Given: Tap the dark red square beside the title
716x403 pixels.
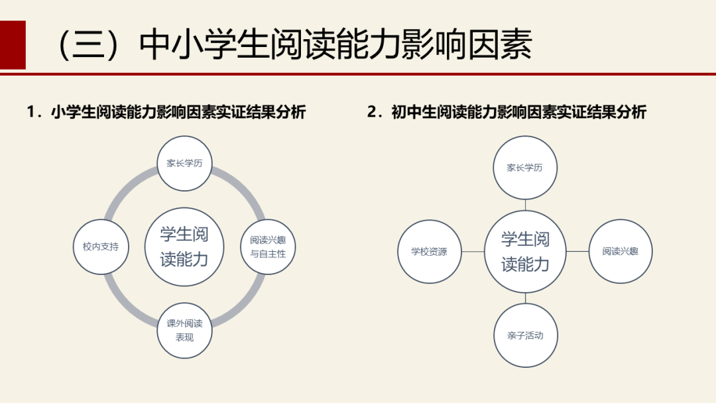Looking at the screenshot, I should pyautogui.click(x=13, y=44).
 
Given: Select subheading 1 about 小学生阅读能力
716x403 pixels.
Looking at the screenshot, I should pyautogui.click(x=166, y=112).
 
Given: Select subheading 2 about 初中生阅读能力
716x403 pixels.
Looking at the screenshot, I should pyautogui.click(x=507, y=112).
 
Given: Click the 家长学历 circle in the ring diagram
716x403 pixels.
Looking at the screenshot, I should pyautogui.click(x=184, y=163).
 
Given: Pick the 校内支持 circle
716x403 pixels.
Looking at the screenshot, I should pyautogui.click(x=101, y=247).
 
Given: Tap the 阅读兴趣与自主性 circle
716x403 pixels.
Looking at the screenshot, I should pyautogui.click(x=268, y=247).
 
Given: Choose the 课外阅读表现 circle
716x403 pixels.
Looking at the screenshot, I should pyautogui.click(x=184, y=330).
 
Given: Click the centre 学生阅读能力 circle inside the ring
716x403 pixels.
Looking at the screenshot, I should pyautogui.click(x=184, y=247).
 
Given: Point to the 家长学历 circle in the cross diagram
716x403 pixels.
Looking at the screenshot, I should pyautogui.click(x=525, y=168).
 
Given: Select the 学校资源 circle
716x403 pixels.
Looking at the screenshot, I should pyautogui.click(x=429, y=252).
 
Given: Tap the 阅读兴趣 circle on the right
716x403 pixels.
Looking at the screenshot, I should pyautogui.click(x=621, y=252).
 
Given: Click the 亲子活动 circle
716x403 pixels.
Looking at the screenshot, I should pyautogui.click(x=526, y=335).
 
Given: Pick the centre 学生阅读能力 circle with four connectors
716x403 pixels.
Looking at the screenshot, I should pyautogui.click(x=525, y=252).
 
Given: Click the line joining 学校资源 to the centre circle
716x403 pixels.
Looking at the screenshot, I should pyautogui.click(x=473, y=252).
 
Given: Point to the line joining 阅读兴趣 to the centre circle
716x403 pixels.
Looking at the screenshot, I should pyautogui.click(x=577, y=252).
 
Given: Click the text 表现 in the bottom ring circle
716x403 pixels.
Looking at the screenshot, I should pyautogui.click(x=184, y=337).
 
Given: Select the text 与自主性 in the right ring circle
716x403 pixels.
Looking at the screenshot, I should pyautogui.click(x=268, y=254).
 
